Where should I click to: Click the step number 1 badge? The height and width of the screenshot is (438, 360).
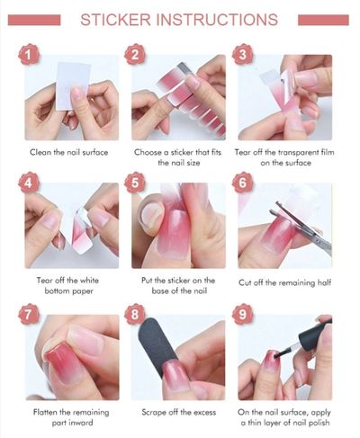(x=29, y=55)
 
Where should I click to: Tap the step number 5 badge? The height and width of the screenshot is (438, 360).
(x=135, y=183)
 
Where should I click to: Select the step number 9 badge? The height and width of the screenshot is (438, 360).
(x=242, y=315)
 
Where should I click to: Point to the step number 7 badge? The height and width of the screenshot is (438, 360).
(x=29, y=315)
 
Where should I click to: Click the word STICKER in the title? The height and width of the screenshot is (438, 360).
(x=116, y=20)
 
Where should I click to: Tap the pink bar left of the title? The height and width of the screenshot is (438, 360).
(x=34, y=20)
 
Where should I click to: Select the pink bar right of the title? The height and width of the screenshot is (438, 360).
(x=323, y=20)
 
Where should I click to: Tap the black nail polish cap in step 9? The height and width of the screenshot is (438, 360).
(x=315, y=335)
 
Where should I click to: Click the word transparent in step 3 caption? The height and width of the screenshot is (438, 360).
(x=295, y=152)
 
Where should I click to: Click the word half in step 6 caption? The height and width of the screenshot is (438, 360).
(x=324, y=282)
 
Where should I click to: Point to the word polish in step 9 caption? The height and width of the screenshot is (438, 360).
(x=319, y=423)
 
